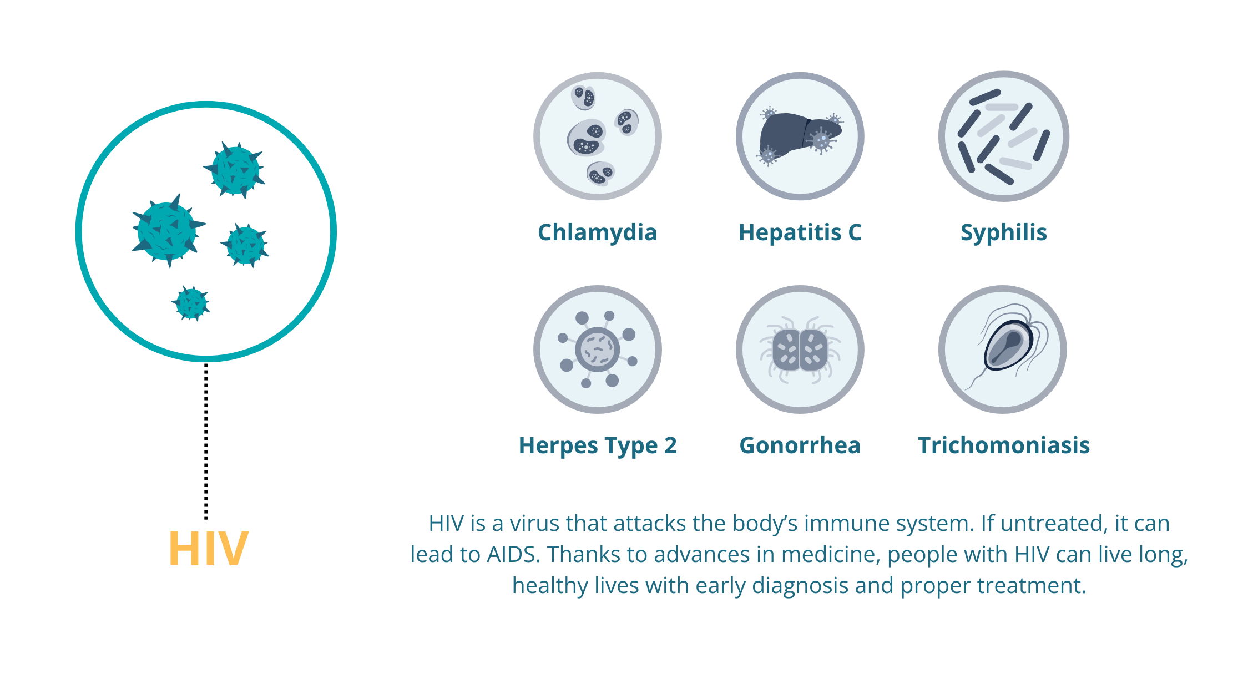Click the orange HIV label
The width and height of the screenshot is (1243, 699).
pos(208,549)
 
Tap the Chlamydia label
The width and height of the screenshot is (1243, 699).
pos(597,232)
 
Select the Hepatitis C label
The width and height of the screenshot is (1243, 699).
pos(800,232)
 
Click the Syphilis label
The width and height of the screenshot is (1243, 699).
pos(1003,232)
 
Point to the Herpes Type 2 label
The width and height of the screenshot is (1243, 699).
pos(598,445)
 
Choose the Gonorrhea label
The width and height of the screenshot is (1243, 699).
pos(800,445)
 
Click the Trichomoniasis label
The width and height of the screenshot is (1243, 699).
pos(1004,445)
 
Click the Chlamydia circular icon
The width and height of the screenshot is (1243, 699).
pos(598,136)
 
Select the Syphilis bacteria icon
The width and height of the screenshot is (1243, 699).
pos(1003,136)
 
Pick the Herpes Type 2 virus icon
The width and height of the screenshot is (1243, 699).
pos(598,349)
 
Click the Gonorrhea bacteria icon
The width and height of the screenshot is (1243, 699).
pos(800,349)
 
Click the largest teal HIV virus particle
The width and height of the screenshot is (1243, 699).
pos(167,231)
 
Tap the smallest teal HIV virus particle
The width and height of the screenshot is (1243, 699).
pos(191,303)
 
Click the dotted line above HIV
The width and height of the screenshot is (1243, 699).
pos(206,442)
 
